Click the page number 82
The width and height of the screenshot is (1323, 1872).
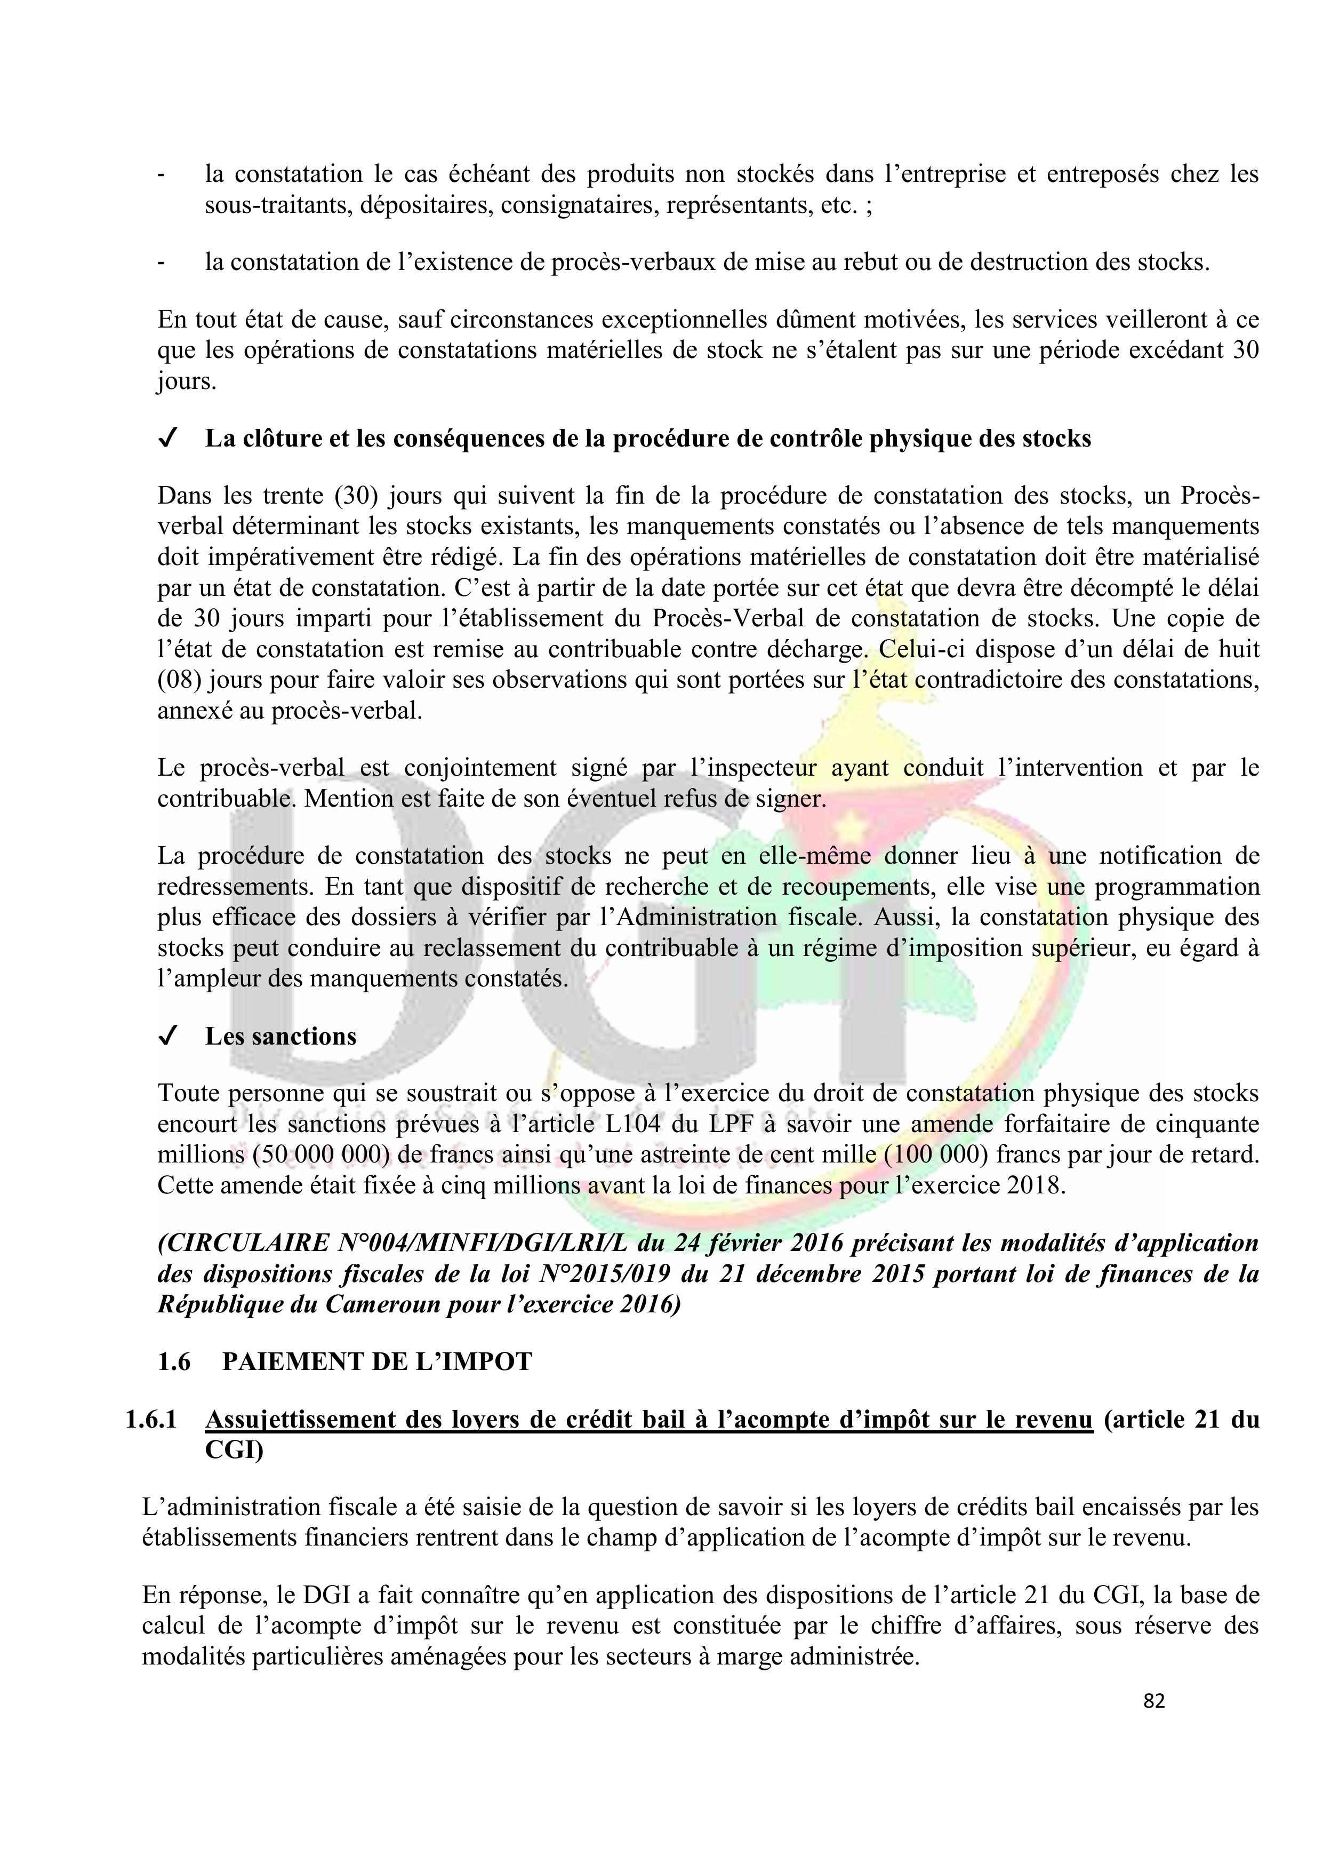coord(1153,1700)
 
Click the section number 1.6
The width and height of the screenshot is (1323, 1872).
coord(174,1361)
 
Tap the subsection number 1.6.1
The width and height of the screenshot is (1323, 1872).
coord(151,1420)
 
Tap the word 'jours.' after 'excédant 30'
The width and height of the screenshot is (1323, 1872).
coord(187,381)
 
